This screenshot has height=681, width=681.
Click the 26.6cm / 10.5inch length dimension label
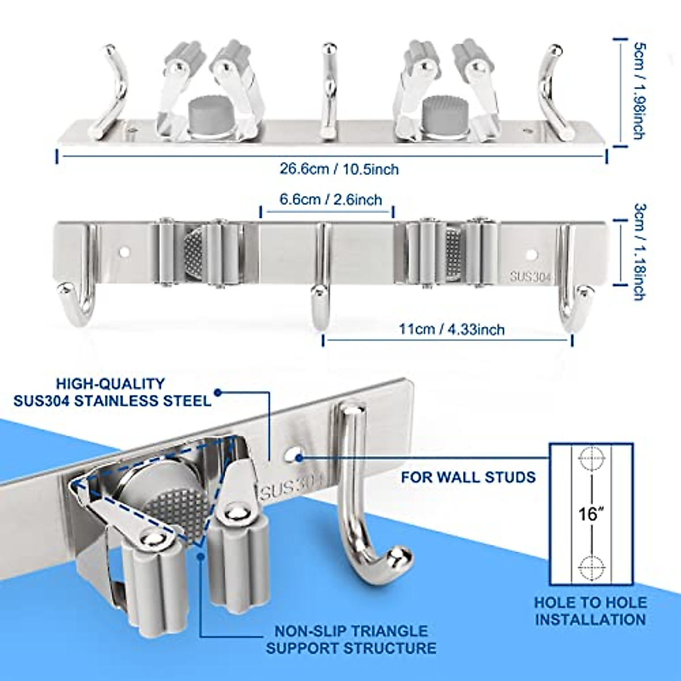pyautogui.click(x=339, y=169)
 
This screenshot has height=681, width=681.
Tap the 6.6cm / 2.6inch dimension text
pyautogui.click(x=330, y=200)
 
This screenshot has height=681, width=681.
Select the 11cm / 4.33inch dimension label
pyautogui.click(x=452, y=329)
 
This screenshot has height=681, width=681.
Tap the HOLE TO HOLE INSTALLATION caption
pyautogui.click(x=590, y=611)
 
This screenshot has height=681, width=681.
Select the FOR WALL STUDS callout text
pyautogui.click(x=468, y=476)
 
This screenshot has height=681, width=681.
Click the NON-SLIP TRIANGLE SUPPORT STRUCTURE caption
pyautogui.click(x=351, y=640)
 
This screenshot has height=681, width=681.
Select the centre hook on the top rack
pyautogui.click(x=328, y=91)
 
